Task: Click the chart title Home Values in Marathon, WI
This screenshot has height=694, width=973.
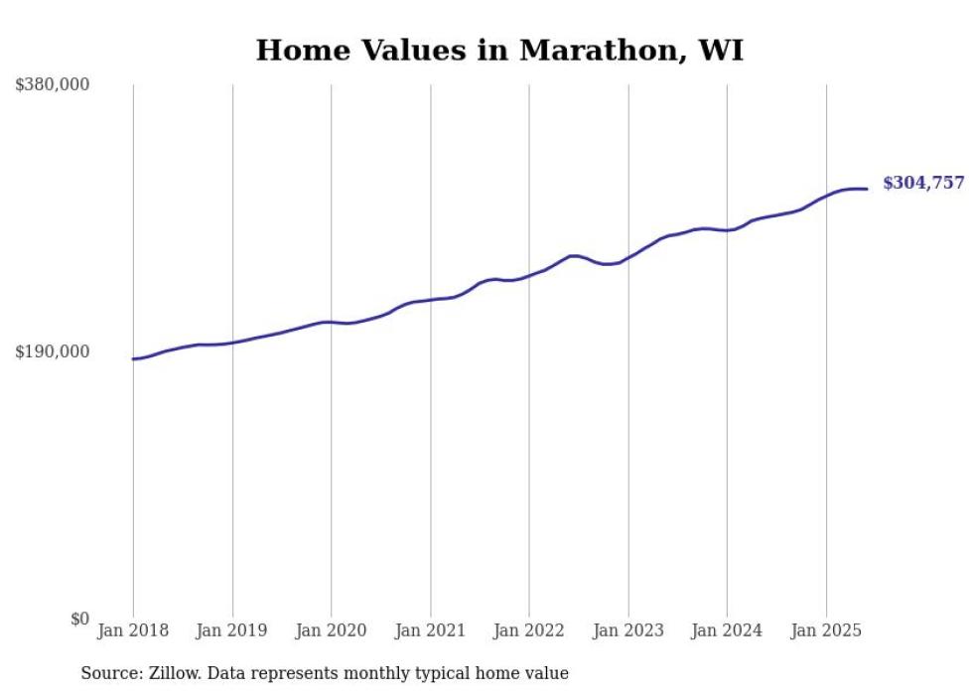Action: point(499,51)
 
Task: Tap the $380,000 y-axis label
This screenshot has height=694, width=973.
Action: point(53,85)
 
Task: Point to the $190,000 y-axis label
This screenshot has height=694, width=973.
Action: point(53,351)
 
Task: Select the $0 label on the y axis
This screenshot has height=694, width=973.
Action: point(80,619)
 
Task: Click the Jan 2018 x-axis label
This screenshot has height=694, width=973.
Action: point(133,630)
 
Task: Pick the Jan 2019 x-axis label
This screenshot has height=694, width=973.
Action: point(232,630)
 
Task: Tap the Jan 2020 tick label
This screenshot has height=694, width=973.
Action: point(332,630)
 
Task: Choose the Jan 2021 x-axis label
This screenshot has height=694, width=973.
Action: point(430,630)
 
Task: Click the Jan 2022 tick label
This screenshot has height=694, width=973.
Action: point(529,630)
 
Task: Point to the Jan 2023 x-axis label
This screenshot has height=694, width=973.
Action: point(628,630)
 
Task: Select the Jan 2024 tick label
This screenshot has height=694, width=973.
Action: point(727,630)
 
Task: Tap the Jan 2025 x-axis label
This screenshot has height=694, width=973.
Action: point(826,630)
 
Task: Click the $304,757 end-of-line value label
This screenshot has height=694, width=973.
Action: point(923,183)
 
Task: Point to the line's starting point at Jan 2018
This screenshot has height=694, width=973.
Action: point(133,358)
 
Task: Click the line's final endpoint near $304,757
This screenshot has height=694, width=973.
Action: point(868,189)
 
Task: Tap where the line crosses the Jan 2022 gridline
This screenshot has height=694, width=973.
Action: point(529,275)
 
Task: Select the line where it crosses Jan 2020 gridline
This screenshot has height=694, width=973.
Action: point(332,322)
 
